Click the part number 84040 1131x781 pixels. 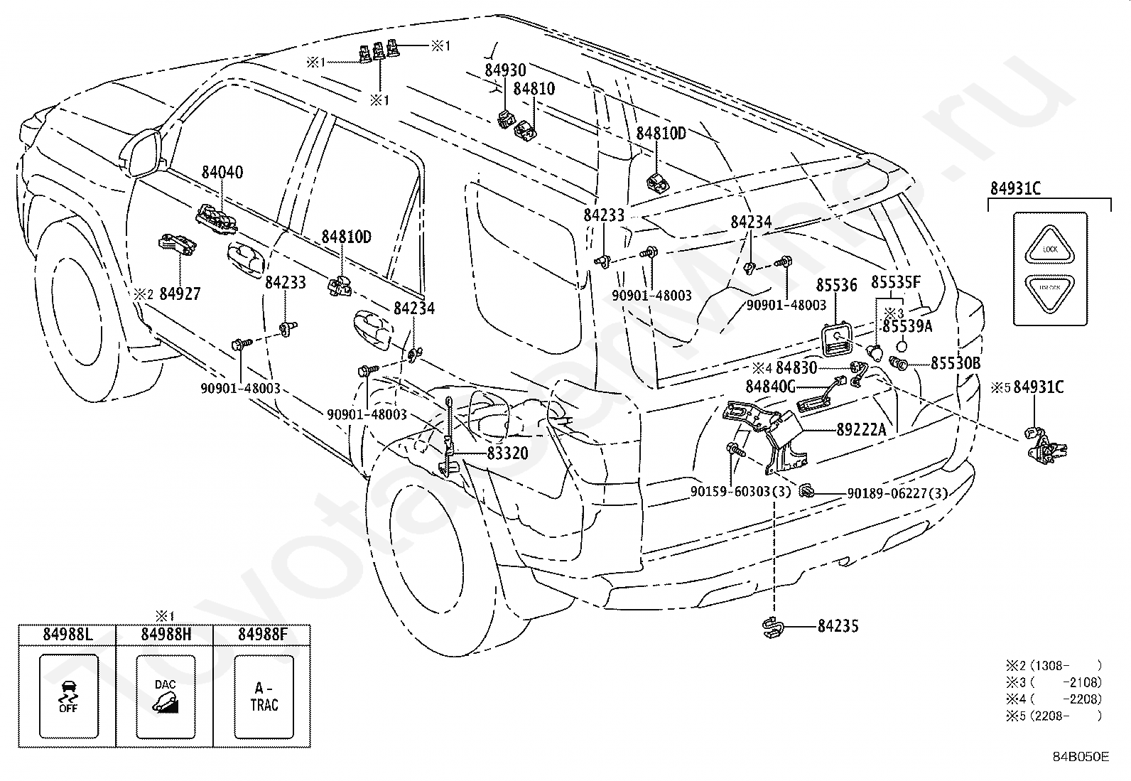pyautogui.click(x=222, y=173)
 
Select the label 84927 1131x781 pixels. pyautogui.click(x=180, y=294)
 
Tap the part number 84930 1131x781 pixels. pyautogui.click(x=506, y=70)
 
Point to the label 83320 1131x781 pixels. pyautogui.click(x=507, y=453)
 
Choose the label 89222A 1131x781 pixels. pyautogui.click(x=862, y=429)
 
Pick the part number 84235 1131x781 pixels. pyautogui.click(x=838, y=626)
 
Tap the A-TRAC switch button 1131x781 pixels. pyautogui.click(x=264, y=696)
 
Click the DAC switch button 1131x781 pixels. pyautogui.click(x=166, y=696)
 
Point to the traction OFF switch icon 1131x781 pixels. pyautogui.click(x=68, y=696)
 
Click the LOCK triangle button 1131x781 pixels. pyautogui.click(x=1050, y=247)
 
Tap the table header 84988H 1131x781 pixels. pyautogui.click(x=166, y=635)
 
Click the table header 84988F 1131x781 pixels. pyautogui.click(x=263, y=635)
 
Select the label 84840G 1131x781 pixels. pyautogui.click(x=770, y=387)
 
